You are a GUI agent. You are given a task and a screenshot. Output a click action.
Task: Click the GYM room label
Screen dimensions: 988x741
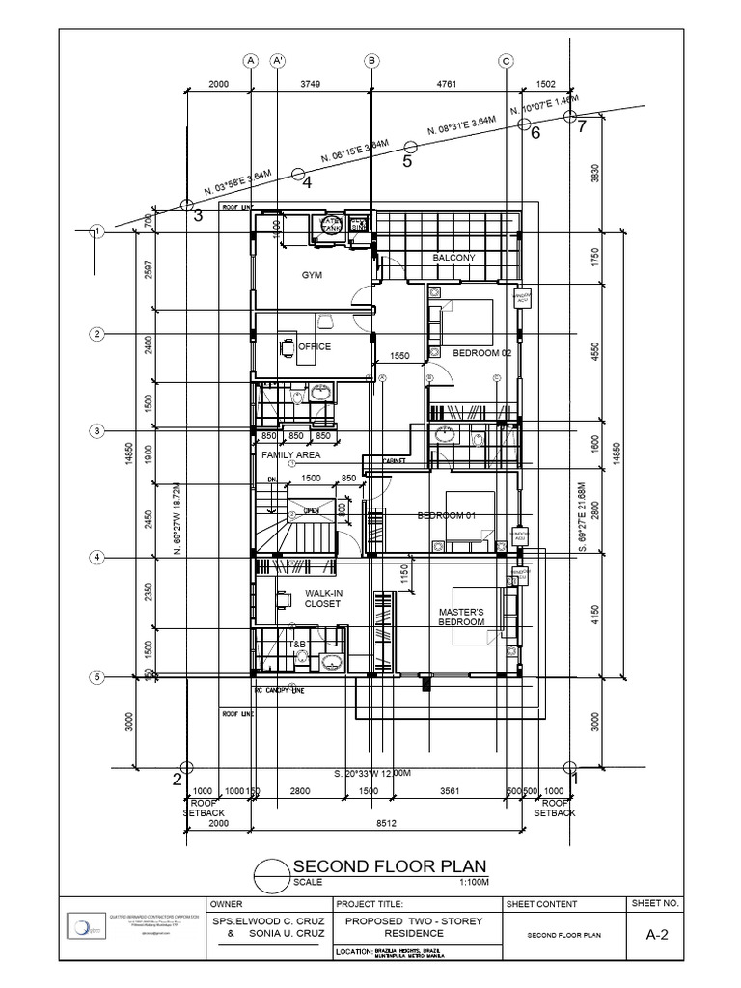(311, 275)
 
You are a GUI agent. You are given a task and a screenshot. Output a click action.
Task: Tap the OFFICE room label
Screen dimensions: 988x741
(314, 346)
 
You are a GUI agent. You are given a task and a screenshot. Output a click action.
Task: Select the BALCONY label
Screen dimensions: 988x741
(453, 258)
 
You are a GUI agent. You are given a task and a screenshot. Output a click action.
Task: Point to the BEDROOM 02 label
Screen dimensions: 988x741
(482, 353)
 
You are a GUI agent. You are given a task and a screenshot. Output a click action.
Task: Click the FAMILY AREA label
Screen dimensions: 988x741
(290, 454)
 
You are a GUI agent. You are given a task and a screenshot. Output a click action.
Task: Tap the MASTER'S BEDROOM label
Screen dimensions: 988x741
(460, 617)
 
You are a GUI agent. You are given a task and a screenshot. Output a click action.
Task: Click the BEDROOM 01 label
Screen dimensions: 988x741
(447, 516)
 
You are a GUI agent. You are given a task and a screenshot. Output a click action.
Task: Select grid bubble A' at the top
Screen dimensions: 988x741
(277, 60)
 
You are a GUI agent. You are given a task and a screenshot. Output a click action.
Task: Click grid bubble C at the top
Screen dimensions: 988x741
(505, 60)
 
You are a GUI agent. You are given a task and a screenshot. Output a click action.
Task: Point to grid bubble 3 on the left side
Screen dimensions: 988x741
(96, 430)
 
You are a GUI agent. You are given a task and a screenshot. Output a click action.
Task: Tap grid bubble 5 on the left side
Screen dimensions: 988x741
(96, 678)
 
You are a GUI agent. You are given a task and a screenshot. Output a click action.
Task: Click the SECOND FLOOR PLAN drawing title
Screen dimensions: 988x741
(389, 865)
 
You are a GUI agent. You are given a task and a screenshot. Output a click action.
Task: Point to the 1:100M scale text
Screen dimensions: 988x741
(475, 882)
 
